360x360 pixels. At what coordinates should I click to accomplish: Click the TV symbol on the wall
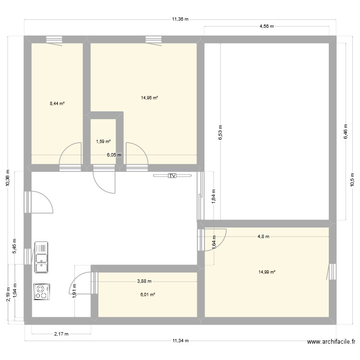coord(172,176)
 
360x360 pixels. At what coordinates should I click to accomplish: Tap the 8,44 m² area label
coord(57,103)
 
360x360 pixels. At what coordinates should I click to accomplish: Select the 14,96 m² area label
coord(149,98)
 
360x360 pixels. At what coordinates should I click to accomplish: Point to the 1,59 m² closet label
coord(103,142)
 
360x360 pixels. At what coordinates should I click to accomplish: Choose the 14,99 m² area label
coord(266,272)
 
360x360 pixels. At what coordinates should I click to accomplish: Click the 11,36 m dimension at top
coord(180,20)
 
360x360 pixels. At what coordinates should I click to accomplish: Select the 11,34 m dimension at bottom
coord(180,341)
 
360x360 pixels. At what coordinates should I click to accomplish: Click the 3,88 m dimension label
coord(144,281)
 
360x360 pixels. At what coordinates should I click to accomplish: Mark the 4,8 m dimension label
coord(264,236)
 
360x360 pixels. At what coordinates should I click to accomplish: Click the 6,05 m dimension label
coord(114,155)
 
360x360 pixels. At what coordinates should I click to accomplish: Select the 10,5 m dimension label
coord(353,180)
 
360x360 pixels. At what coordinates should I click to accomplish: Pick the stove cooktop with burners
coord(42,292)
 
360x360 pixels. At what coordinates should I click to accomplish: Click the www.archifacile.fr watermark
coord(331,342)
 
